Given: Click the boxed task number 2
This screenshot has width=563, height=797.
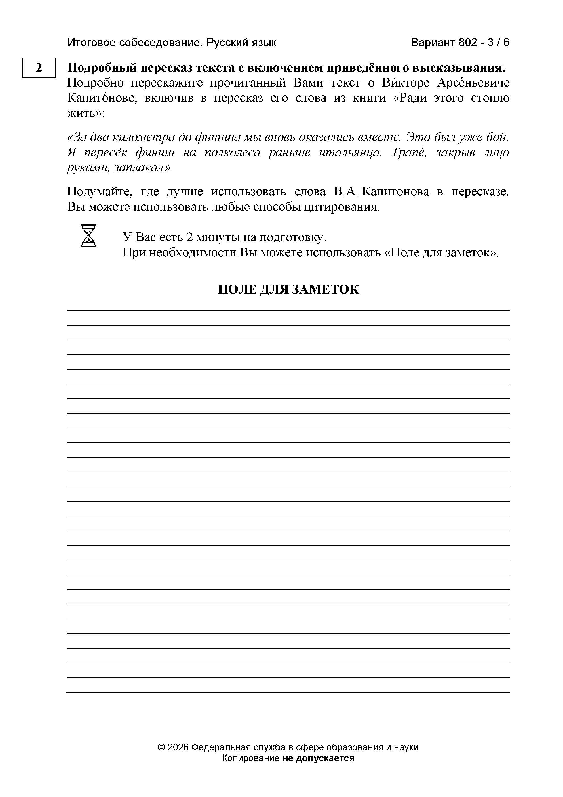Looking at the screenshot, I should point(39,68).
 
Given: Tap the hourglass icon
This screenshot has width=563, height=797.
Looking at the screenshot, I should point(88,235).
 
